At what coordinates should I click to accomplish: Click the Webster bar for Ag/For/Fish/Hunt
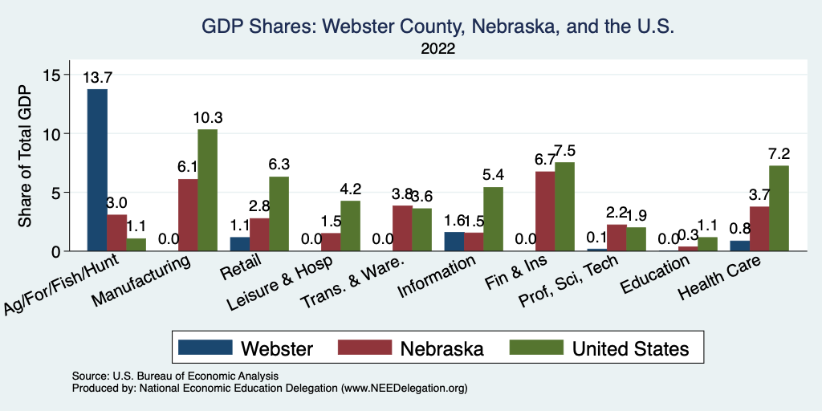tap(97, 170)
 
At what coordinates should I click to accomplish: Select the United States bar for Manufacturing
tap(207, 190)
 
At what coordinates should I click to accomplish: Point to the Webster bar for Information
tap(454, 242)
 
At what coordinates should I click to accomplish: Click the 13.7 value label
tap(97, 78)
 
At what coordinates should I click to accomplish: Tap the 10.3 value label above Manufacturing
tap(207, 118)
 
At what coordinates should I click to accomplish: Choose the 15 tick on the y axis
tap(52, 75)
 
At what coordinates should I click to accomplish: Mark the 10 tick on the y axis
tap(52, 133)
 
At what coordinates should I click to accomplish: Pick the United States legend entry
tap(630, 348)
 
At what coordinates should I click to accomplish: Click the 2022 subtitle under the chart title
tap(437, 49)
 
